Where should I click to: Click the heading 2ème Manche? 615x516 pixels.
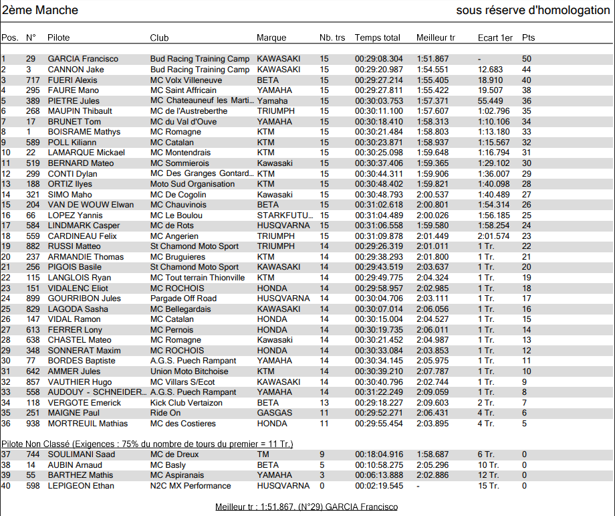pos(40,10)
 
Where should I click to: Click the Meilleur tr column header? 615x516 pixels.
pos(436,38)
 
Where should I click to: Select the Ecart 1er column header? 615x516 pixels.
pos(495,38)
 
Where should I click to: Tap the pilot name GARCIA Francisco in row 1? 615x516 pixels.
pos(83,59)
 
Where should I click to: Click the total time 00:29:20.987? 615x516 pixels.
pos(379,70)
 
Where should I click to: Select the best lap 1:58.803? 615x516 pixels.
pos(433,133)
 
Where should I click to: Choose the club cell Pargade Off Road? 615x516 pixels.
pos(183,298)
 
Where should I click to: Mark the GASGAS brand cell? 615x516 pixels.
pos(274,413)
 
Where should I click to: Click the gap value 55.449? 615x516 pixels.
pos(491,101)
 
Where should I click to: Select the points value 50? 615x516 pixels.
pos(527,59)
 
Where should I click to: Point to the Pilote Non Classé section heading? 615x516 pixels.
pos(147,444)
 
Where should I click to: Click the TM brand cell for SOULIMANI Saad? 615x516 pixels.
pos(263,454)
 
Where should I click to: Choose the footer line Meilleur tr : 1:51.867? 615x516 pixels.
pos(306,507)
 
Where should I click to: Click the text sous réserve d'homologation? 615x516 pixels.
pos(533,10)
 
